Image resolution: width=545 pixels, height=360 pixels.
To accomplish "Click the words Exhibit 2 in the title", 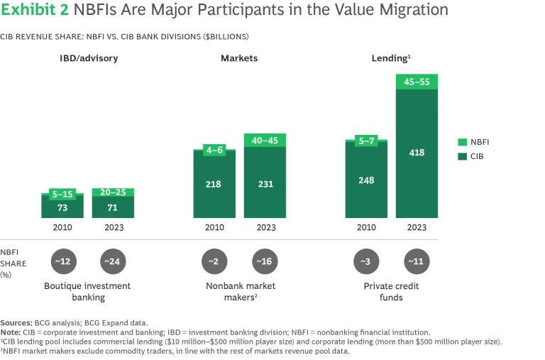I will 32,11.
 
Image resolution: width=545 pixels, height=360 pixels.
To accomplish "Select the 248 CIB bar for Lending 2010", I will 367,180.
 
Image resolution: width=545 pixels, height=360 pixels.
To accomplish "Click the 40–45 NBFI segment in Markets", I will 265,140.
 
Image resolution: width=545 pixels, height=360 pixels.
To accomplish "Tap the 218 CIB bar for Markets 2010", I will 214,185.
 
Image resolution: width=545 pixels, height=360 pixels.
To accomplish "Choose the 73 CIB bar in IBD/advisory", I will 62,207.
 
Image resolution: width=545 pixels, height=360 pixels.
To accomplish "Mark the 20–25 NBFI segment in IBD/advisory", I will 113,192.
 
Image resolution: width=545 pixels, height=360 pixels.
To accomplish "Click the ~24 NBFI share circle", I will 113,261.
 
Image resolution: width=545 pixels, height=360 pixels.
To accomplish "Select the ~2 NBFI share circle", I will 214,261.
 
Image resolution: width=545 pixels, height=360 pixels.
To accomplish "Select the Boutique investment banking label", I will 87,292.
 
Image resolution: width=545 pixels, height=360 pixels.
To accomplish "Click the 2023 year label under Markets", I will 265,228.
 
